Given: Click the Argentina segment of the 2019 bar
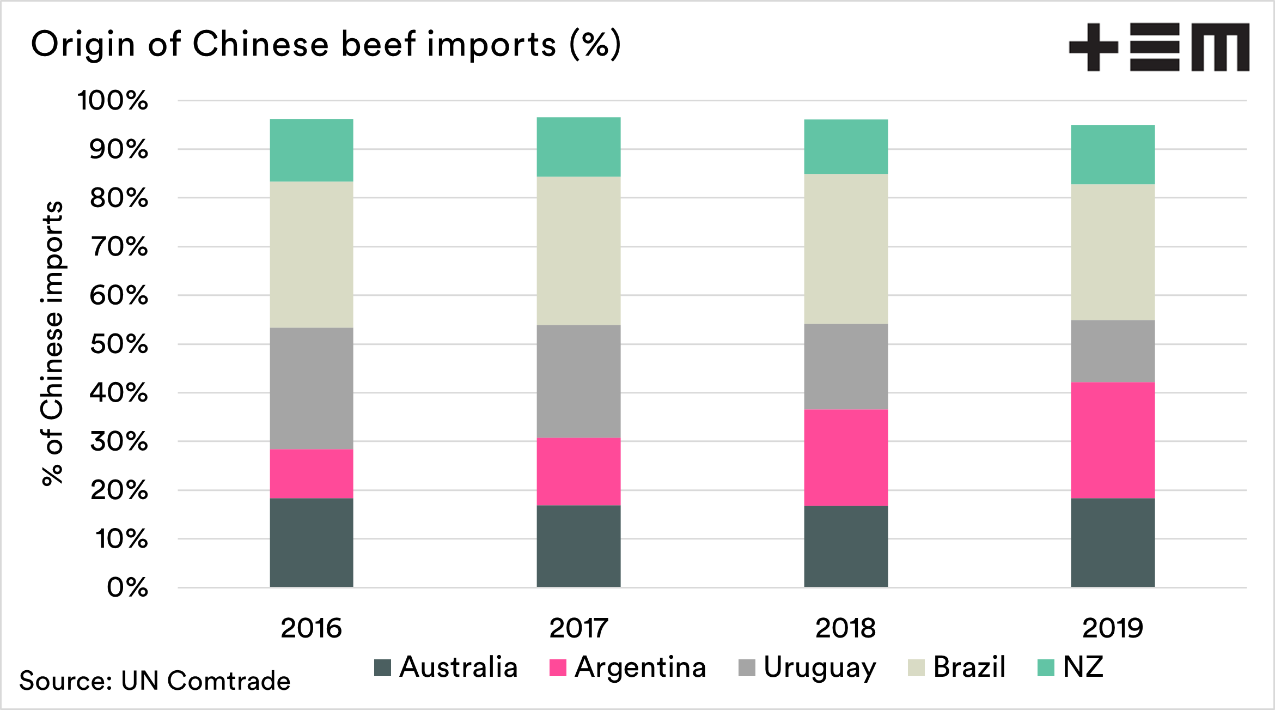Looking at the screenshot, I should [x=1112, y=440].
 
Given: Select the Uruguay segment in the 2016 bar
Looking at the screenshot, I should [x=312, y=389].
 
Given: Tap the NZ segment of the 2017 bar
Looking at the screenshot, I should [x=578, y=147].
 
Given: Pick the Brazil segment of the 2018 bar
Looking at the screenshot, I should [x=846, y=249].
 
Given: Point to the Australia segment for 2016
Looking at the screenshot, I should [x=312, y=543].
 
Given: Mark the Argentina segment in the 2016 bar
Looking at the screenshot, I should [x=312, y=474].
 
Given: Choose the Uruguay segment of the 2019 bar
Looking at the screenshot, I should [x=1112, y=351].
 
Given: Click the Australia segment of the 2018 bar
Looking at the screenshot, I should [x=846, y=547].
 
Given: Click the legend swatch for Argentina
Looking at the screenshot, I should [x=558, y=667].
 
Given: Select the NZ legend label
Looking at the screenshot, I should [x=1083, y=667].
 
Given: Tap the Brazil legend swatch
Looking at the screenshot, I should [x=916, y=667].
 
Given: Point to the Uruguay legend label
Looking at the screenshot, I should [x=820, y=668].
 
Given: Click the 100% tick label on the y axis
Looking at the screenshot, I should [x=113, y=101].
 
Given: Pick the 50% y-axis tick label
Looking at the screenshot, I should [x=119, y=344].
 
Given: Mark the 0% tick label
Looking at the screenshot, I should [x=127, y=588].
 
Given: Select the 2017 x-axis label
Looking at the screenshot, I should [x=578, y=628].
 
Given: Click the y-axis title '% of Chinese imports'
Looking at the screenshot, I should [x=53, y=343].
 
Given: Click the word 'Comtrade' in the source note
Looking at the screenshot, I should [x=229, y=681].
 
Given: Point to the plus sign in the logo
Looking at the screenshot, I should [x=1093, y=47].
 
